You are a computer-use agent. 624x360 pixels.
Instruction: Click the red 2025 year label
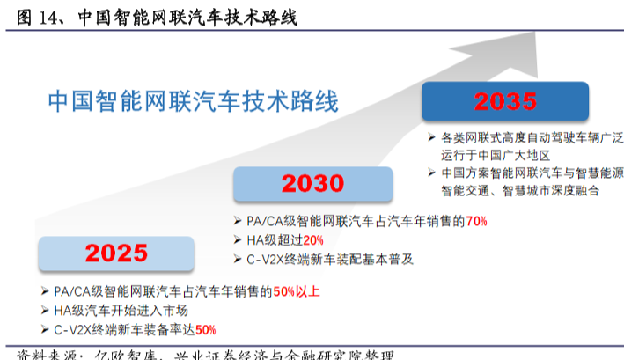tap(117, 254)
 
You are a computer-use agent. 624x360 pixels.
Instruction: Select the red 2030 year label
tap(312, 184)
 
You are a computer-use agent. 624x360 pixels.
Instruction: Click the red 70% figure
tap(477, 222)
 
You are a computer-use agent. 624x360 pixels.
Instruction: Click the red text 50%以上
tap(297, 291)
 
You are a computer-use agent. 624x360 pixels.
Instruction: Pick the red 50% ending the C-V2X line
tap(205, 330)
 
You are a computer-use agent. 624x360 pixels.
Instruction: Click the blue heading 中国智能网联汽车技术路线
tap(193, 100)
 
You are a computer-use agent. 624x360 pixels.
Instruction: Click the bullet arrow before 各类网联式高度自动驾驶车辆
tap(431, 136)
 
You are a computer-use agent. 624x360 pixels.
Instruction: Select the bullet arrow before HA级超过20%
tap(238, 240)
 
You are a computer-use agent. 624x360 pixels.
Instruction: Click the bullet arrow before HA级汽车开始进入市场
tap(45, 311)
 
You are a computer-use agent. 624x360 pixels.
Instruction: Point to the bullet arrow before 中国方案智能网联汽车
tap(431, 173)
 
